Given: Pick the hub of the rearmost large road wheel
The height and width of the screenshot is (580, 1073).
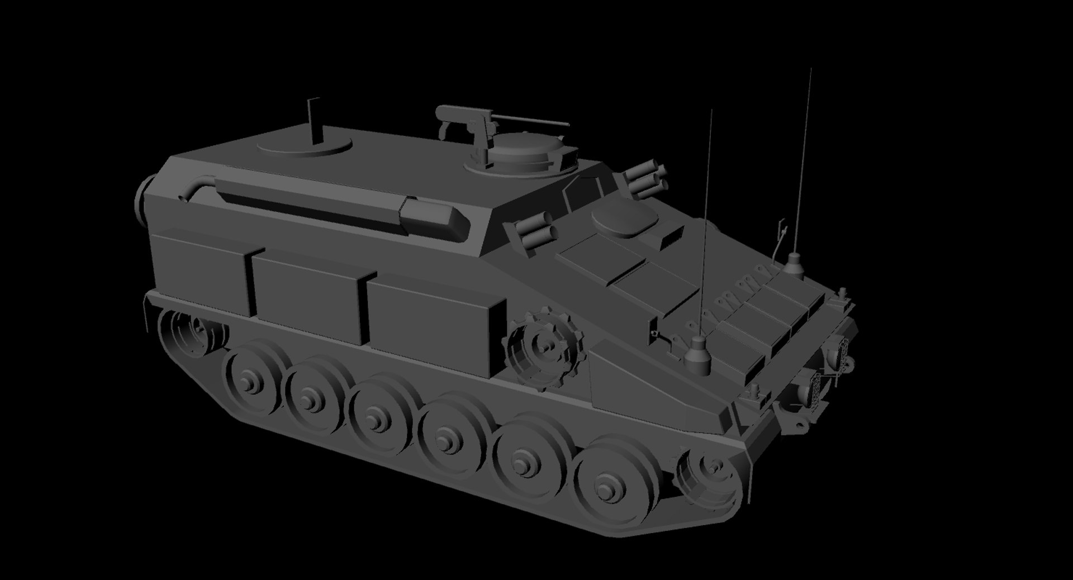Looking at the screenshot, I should point(246,382).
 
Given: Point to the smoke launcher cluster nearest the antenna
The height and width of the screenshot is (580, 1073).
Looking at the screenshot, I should point(645,178).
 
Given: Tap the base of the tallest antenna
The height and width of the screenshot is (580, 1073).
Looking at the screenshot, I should point(794,265).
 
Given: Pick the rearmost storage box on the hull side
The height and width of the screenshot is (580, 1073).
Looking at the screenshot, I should point(198,271).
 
